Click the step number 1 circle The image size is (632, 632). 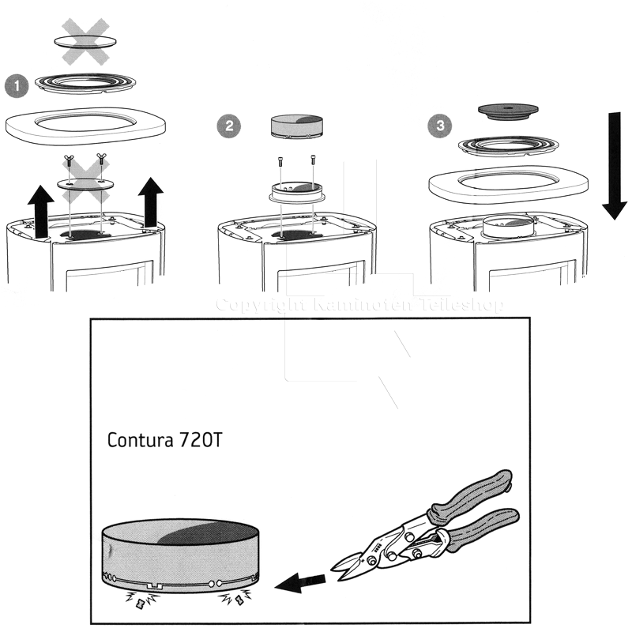coord(16,85)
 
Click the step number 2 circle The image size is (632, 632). coord(229,126)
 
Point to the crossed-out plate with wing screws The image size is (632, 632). coord(85,183)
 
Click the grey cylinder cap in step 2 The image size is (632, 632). coord(297,126)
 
